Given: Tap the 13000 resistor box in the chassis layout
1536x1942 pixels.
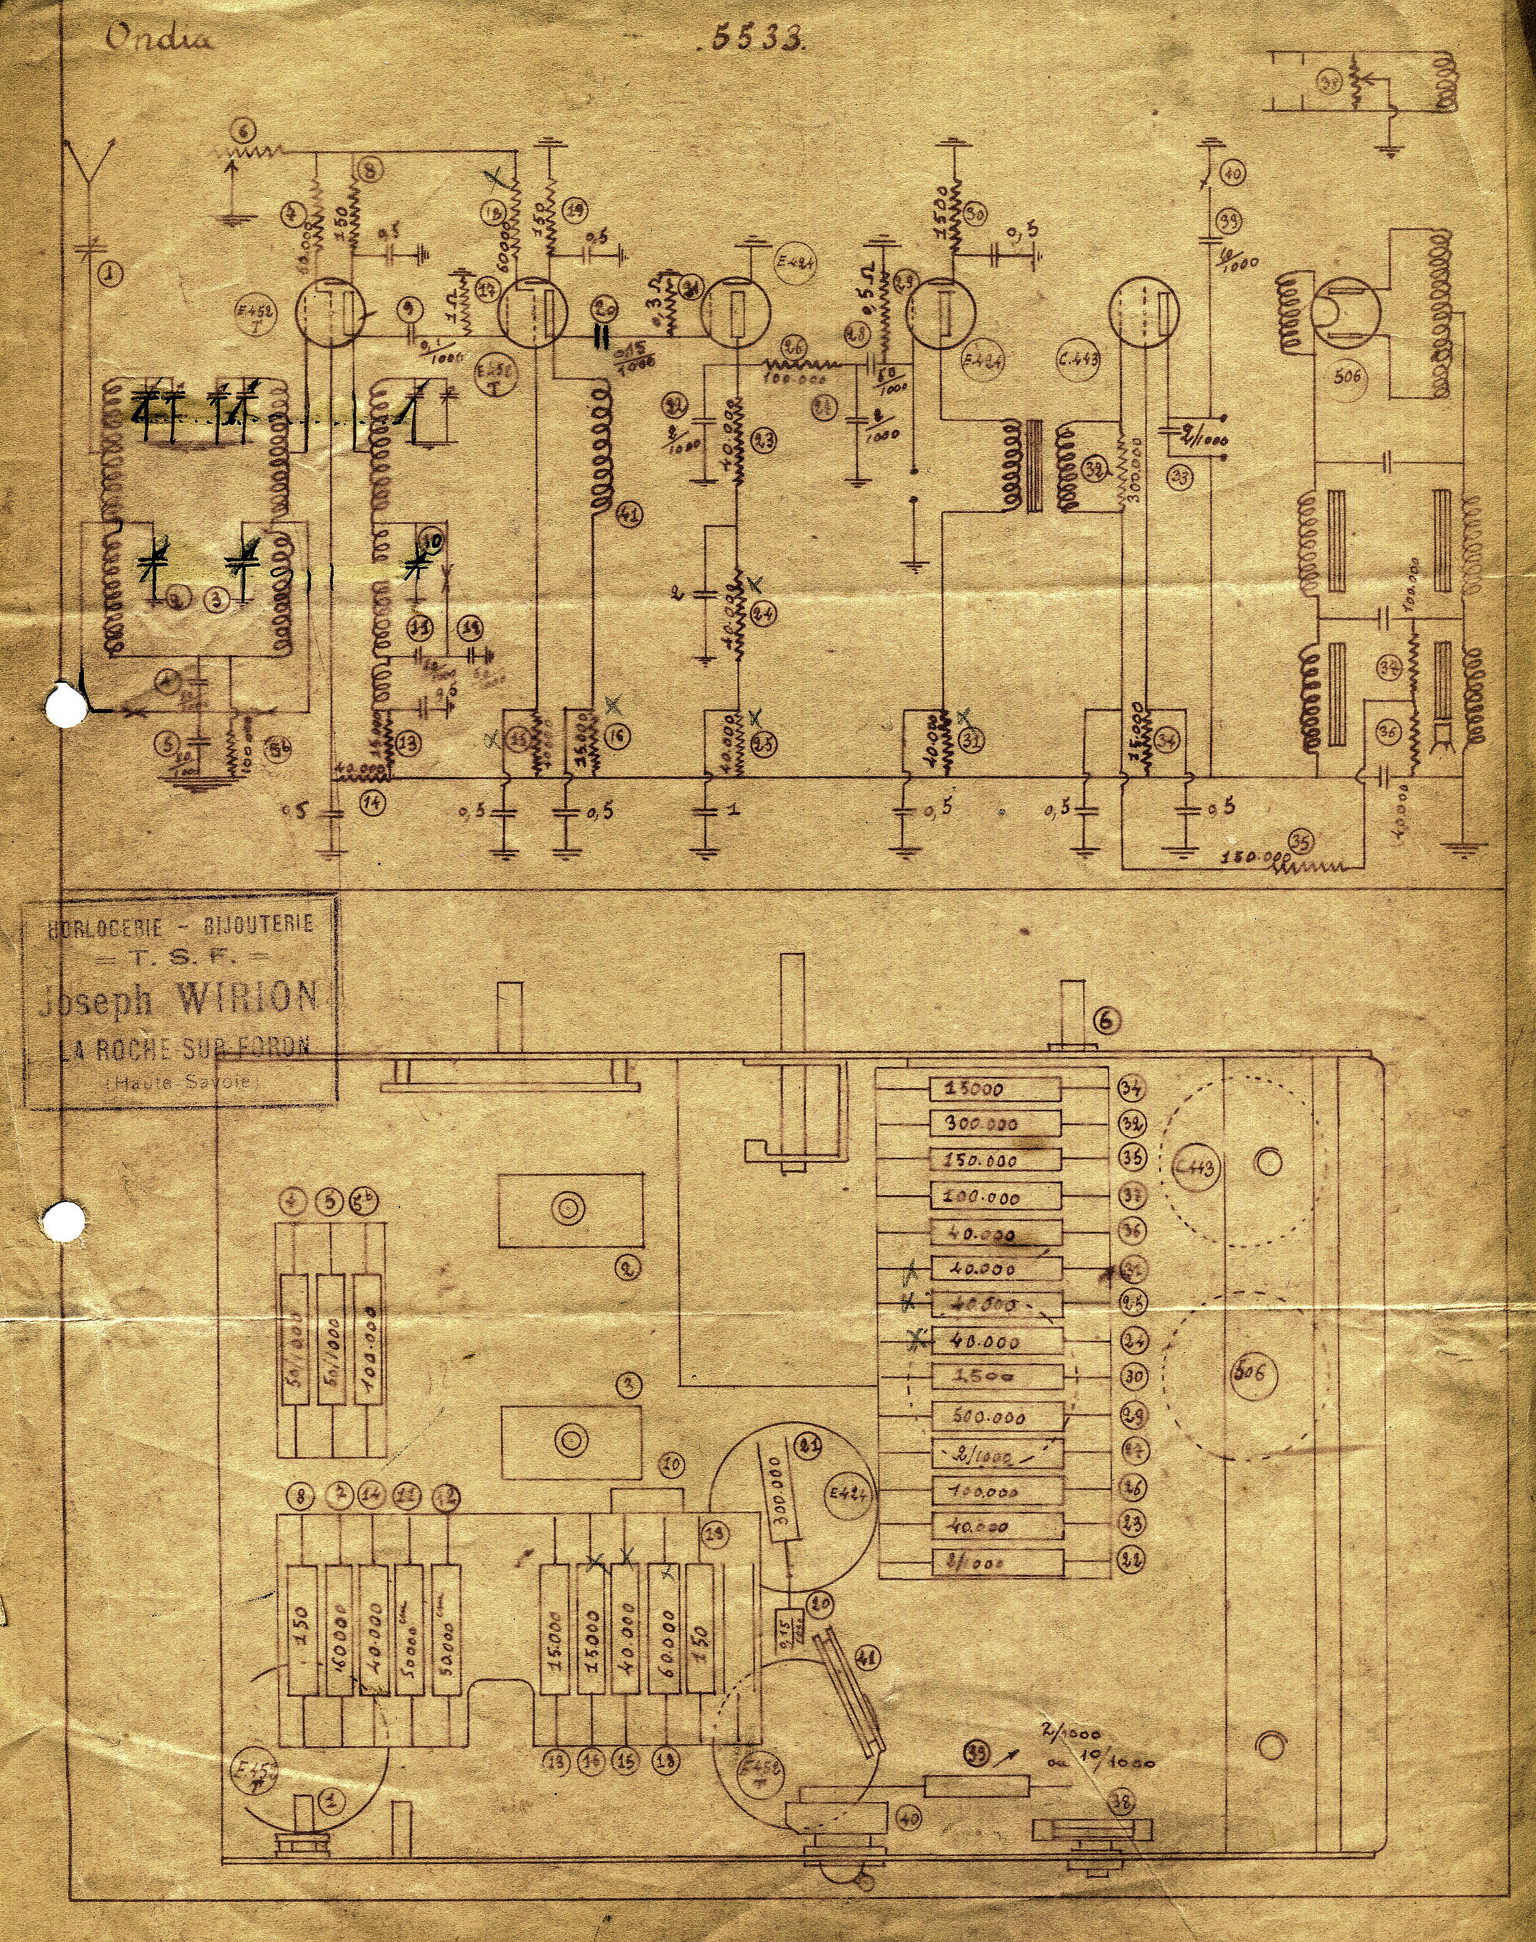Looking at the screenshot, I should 994,1089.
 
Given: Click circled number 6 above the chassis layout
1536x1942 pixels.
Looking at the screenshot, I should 1107,1019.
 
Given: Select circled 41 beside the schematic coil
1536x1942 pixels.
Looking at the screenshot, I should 629,515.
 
